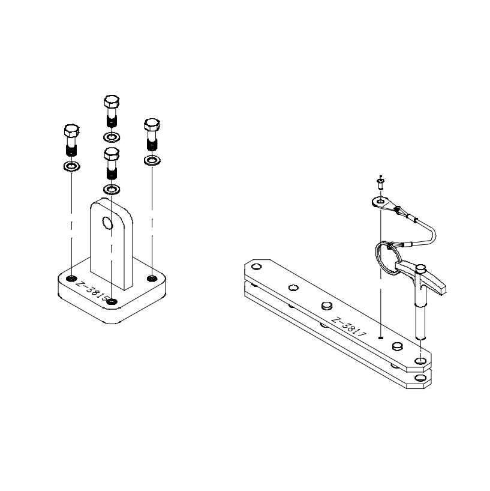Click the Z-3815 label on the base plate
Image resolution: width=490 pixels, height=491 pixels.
point(92,291)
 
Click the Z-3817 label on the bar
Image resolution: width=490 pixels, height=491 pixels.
point(348,327)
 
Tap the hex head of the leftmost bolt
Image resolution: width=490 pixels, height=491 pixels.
point(71,131)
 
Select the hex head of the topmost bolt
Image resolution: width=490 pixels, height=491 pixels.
point(112,101)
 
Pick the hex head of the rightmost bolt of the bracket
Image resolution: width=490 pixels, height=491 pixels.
point(152,125)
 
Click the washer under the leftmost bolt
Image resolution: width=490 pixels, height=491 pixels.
point(71,166)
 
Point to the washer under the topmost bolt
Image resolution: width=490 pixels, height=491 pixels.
point(112,137)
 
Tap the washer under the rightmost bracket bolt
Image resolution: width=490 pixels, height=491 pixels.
point(152,161)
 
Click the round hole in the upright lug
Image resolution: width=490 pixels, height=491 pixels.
point(107,223)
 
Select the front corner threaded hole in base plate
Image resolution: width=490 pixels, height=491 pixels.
point(112,302)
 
